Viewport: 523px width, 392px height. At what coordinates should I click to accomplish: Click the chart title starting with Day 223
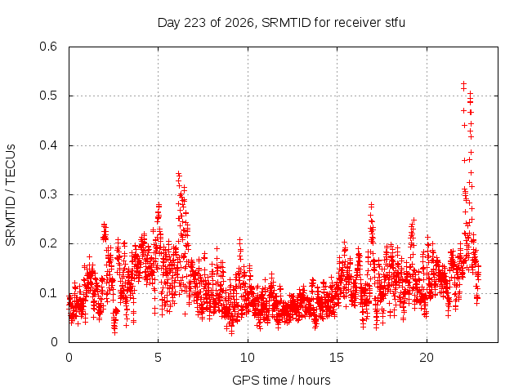281,23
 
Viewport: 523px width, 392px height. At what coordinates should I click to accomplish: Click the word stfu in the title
396,23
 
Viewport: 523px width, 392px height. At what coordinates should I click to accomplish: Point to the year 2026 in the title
239,23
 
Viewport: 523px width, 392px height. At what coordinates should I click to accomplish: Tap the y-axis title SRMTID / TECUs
11,194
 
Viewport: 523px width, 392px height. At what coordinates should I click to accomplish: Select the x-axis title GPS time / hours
281,381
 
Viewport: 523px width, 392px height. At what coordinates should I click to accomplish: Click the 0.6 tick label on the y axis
48,47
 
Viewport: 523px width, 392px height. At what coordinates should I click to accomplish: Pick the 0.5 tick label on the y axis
48,96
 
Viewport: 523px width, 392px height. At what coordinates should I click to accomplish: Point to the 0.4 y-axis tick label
48,145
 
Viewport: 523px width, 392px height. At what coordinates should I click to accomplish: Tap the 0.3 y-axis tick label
48,194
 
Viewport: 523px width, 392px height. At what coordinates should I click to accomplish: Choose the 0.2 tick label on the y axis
48,243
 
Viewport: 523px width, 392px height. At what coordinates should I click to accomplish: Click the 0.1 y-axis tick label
48,293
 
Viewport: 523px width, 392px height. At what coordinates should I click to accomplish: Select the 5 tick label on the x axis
158,358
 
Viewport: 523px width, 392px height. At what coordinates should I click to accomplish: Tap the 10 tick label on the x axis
248,358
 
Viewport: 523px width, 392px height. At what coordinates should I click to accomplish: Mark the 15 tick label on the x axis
337,358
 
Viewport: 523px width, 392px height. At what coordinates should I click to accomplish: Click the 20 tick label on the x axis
427,358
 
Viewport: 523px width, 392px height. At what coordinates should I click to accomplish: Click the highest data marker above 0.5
463,83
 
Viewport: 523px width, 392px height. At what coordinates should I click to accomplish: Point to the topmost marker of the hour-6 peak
179,174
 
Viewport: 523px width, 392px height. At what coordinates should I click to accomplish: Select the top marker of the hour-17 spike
371,205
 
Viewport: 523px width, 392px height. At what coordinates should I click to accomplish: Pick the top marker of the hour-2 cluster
105,225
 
